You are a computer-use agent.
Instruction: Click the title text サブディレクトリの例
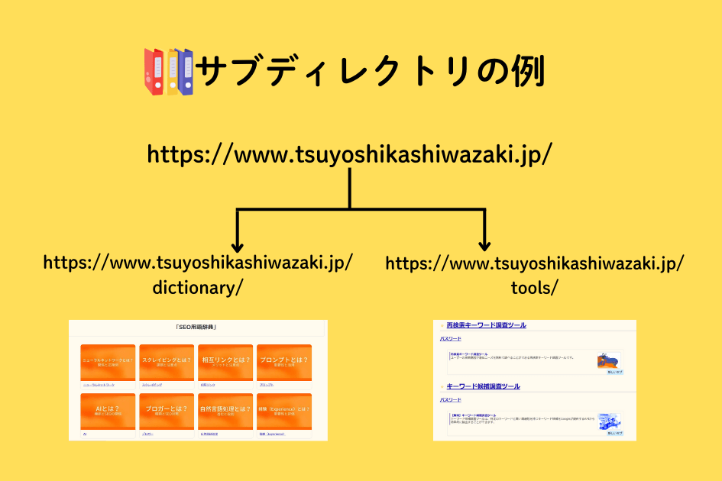(370, 73)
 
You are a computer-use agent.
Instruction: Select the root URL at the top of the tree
(349, 154)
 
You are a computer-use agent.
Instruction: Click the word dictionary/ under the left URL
(198, 288)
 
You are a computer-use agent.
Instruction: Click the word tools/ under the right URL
(534, 288)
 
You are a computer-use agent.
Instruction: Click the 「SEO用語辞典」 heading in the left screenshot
(197, 328)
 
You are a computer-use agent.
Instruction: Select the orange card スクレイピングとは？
(167, 362)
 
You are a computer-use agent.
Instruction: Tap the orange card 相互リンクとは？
(225, 362)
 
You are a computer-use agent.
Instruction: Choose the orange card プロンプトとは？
(284, 362)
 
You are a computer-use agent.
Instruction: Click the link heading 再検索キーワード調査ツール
(486, 325)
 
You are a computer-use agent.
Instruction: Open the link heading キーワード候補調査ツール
(483, 386)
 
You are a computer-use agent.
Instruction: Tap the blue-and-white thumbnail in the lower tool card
(610, 421)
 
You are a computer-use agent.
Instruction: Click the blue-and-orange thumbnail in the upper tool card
(609, 360)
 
